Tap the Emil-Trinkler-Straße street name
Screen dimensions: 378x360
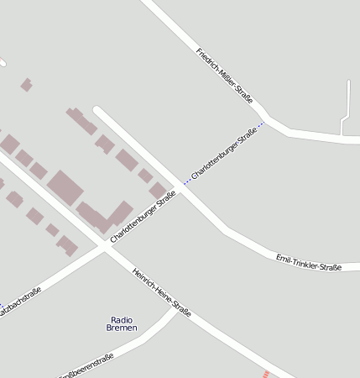(308, 262)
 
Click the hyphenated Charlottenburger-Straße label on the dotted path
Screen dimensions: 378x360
(223, 153)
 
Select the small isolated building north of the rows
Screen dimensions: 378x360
(26, 85)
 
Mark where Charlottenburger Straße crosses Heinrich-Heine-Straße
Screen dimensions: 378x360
(106, 249)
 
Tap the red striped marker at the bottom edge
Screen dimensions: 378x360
(267, 374)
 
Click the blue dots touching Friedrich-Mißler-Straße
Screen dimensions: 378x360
(261, 124)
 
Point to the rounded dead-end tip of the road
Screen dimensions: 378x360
(97, 109)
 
